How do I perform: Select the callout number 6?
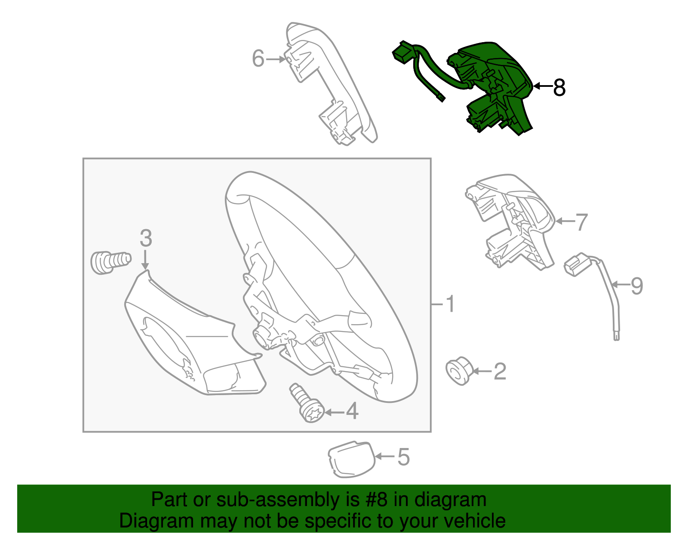(258, 58)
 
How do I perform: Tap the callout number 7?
(581, 222)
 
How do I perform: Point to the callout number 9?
(636, 285)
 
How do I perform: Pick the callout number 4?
(352, 411)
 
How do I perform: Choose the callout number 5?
(403, 457)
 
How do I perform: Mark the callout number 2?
(500, 371)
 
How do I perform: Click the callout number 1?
(450, 304)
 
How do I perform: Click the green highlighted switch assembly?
(494, 86)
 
